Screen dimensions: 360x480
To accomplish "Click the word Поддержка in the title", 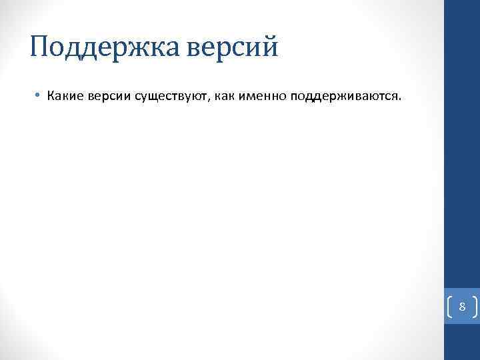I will (97, 48).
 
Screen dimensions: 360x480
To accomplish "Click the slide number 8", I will (461, 307).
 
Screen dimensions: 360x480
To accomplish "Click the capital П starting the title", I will (41, 47).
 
